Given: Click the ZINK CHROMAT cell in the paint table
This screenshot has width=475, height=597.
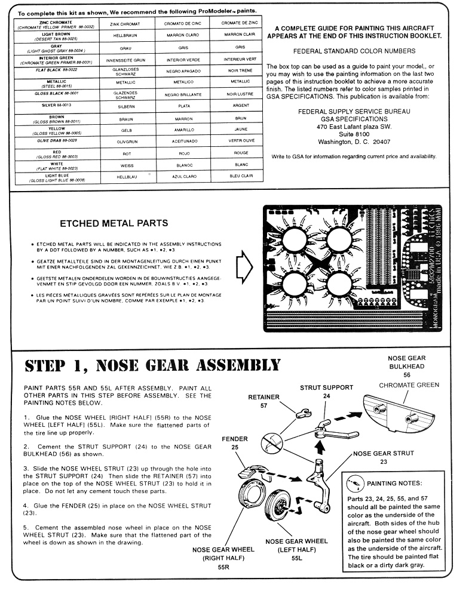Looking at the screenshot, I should point(123,24).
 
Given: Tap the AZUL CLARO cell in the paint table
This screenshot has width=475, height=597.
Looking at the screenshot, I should point(184,176).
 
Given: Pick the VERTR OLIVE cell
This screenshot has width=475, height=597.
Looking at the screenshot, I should point(241,140).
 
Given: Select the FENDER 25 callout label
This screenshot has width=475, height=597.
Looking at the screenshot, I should point(234,442).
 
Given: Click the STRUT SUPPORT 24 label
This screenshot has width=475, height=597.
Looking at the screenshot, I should point(326,391).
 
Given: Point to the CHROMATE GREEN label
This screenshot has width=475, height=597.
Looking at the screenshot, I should point(409,385).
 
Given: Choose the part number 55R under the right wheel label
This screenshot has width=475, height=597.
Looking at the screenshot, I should point(224,568).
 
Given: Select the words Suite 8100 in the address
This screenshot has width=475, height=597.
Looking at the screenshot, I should point(354,134).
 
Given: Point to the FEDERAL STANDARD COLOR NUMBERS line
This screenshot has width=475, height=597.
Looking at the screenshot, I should point(354,52).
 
